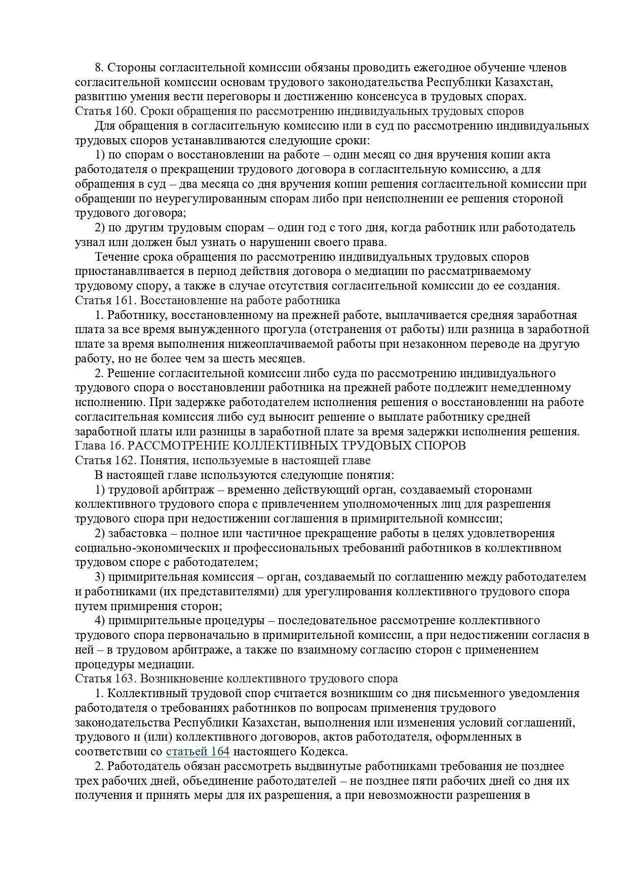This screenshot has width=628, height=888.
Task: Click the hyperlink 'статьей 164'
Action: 198,751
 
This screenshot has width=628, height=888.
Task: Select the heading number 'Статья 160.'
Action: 104,111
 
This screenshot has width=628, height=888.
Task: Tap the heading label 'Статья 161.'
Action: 104,300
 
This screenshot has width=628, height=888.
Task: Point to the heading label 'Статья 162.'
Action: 104,460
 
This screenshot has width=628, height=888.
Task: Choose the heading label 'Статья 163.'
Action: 104,678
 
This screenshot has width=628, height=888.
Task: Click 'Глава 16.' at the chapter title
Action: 98,446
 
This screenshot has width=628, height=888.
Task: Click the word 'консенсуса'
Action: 396,96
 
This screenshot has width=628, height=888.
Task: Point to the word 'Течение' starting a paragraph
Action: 116,257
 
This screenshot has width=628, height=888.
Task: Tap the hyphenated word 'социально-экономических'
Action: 143,548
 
